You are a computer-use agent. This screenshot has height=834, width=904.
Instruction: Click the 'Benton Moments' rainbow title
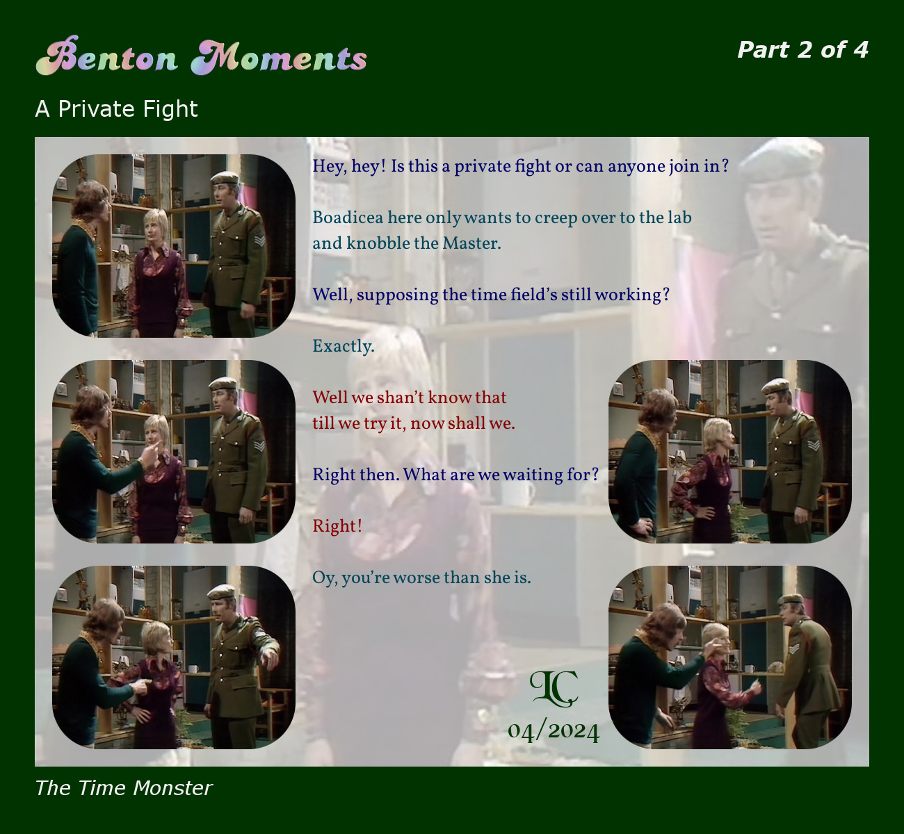[201, 56]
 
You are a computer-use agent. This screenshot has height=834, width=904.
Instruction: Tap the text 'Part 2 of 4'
[802, 49]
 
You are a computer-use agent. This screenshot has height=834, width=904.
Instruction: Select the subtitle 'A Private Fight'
[116, 108]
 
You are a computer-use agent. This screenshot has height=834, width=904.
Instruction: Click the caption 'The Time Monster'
[123, 788]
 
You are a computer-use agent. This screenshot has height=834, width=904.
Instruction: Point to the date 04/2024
[554, 731]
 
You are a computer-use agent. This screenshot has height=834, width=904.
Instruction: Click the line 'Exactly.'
[344, 347]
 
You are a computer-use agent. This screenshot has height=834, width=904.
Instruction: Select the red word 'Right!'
[337, 526]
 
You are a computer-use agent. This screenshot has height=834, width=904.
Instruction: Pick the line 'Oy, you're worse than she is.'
[421, 578]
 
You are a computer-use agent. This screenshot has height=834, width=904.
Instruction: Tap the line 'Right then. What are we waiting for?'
[455, 475]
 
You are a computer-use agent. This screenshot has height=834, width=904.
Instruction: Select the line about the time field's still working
[491, 295]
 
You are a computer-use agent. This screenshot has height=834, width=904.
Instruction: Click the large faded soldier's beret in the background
[781, 159]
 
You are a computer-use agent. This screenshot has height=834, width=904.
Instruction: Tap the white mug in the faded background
[518, 493]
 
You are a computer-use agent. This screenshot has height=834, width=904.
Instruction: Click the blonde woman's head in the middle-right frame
[718, 434]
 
